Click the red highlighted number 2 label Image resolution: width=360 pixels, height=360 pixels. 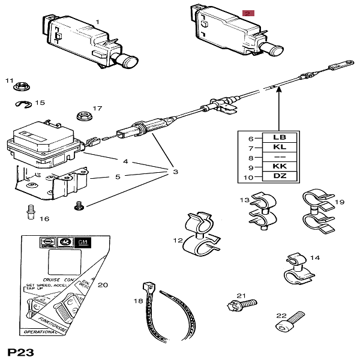[x=248, y=13]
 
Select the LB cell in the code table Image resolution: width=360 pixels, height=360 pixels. [x=279, y=137]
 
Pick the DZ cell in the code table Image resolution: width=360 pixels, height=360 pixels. [x=279, y=175]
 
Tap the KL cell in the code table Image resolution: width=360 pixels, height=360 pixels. [x=279, y=146]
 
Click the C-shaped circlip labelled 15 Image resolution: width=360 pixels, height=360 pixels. [x=23, y=104]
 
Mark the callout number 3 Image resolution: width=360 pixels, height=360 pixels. [x=176, y=172]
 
